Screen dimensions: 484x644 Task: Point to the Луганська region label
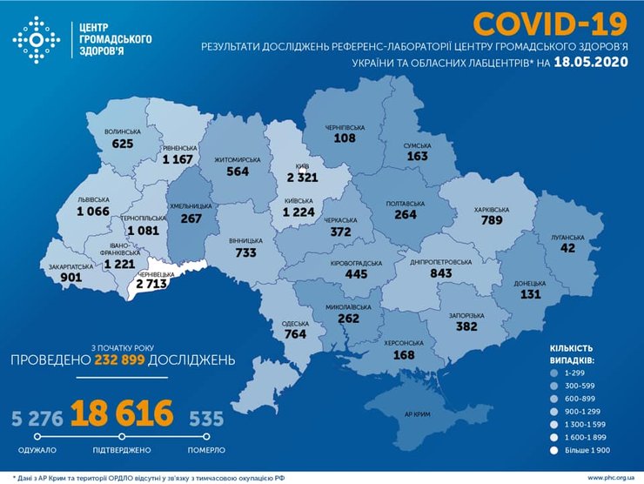[x=565, y=235]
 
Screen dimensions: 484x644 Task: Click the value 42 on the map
[x=567, y=247]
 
